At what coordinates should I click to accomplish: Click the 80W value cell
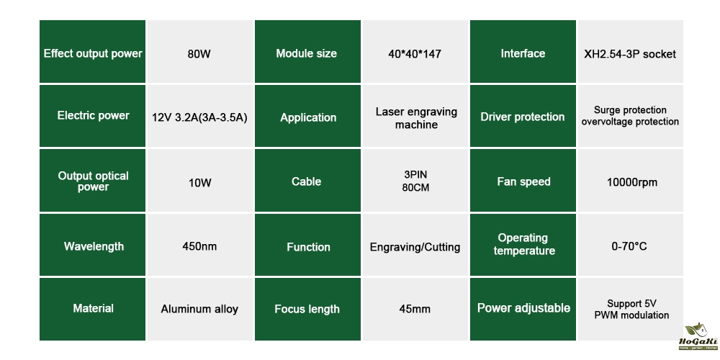pyautogui.click(x=199, y=53)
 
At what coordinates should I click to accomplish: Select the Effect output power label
pyautogui.click(x=93, y=53)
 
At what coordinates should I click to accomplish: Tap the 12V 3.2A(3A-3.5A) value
pyautogui.click(x=199, y=117)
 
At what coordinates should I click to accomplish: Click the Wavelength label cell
pyautogui.click(x=93, y=246)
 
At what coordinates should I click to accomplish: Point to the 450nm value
pyautogui.click(x=199, y=246)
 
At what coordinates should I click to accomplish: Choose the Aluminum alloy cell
pyautogui.click(x=199, y=309)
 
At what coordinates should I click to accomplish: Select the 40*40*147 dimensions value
pyautogui.click(x=415, y=53)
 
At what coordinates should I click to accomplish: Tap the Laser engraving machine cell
pyautogui.click(x=415, y=118)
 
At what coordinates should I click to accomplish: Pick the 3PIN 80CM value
pyautogui.click(x=415, y=181)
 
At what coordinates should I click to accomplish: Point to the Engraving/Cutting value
pyautogui.click(x=415, y=247)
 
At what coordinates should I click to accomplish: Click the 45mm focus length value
pyautogui.click(x=415, y=309)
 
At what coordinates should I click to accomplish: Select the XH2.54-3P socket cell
pyautogui.click(x=631, y=53)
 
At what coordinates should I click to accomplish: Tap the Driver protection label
pyautogui.click(x=523, y=117)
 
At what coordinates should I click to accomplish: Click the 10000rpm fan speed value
pyautogui.click(x=631, y=182)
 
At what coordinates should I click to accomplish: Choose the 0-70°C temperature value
pyautogui.click(x=630, y=246)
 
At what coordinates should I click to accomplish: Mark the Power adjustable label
pyautogui.click(x=523, y=308)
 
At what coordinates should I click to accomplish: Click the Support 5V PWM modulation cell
pyautogui.click(x=631, y=309)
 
